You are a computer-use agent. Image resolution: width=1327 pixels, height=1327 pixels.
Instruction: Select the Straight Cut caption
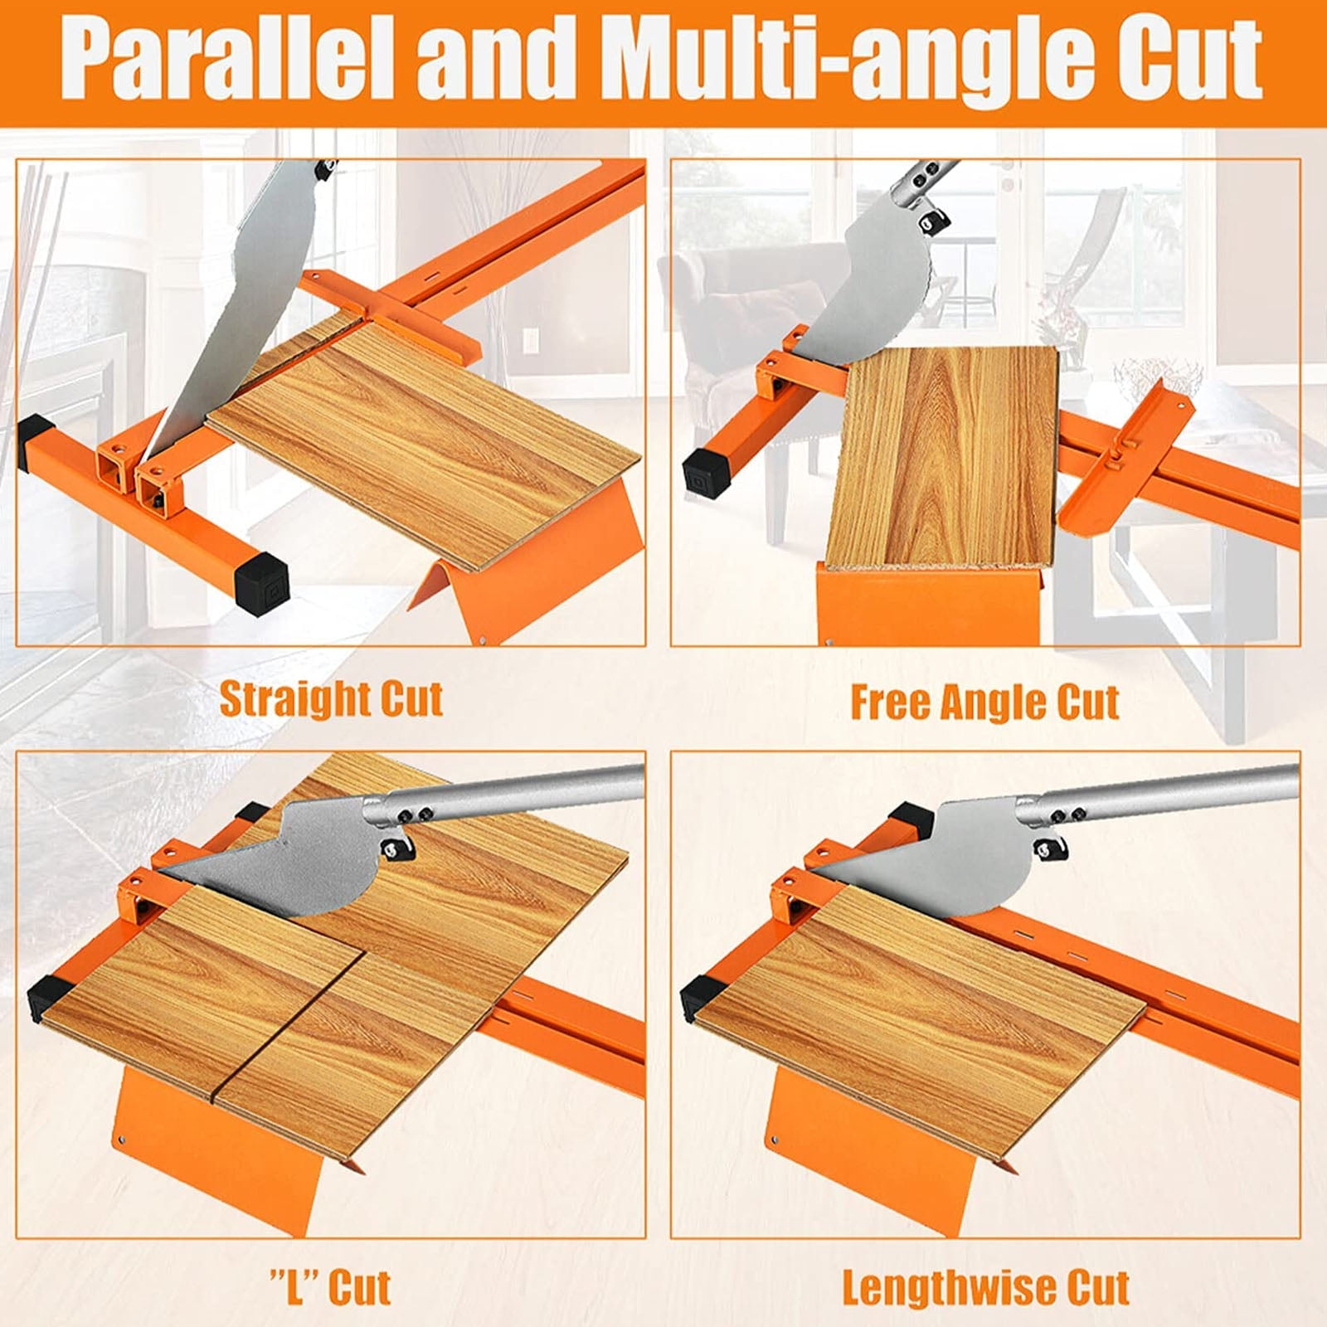pos(330,698)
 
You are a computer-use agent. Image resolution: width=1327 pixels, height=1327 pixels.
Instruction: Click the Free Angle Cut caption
pos(984,703)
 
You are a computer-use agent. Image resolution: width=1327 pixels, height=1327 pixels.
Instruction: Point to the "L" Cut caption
pos(330,1286)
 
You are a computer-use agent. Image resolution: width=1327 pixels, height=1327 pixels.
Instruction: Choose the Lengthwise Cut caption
pos(985,1288)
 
